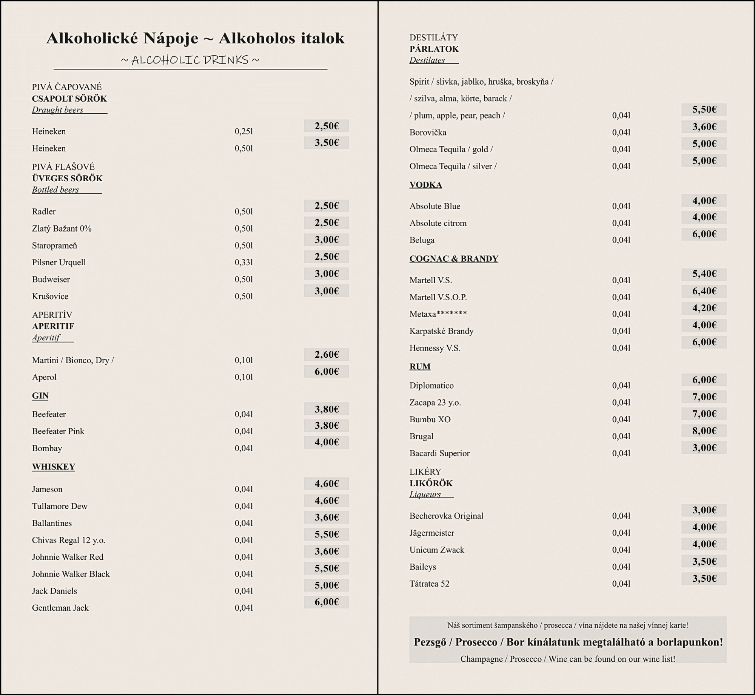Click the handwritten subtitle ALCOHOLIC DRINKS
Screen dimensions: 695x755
click(x=190, y=60)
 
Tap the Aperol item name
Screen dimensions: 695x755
click(x=44, y=377)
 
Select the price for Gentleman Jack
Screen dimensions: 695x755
click(x=327, y=602)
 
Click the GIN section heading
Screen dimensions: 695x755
click(x=40, y=395)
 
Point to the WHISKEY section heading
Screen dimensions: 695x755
click(x=54, y=467)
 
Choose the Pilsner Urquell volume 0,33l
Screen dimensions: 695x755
click(x=244, y=262)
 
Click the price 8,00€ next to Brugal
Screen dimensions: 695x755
click(x=704, y=431)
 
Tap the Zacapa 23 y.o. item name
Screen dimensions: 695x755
click(x=435, y=402)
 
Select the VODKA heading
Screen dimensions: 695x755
click(x=425, y=185)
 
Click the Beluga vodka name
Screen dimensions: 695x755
click(x=422, y=240)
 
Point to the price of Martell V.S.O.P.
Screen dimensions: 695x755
click(x=704, y=291)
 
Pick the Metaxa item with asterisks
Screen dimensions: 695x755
click(x=438, y=314)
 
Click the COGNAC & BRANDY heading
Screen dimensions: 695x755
click(x=454, y=259)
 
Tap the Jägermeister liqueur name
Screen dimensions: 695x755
click(x=431, y=533)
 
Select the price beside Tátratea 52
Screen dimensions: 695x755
click(x=704, y=578)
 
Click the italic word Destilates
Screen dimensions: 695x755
click(x=427, y=60)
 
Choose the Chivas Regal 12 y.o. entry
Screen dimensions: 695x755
click(x=68, y=540)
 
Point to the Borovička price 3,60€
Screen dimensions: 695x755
click(x=704, y=127)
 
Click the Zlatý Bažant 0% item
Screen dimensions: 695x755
click(x=62, y=229)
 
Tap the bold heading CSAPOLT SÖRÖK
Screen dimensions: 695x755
click(x=69, y=99)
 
